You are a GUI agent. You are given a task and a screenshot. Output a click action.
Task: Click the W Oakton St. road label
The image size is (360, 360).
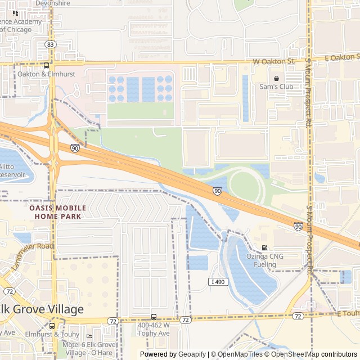[273, 61]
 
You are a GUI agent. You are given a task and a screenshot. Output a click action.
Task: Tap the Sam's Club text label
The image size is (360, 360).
[276, 87]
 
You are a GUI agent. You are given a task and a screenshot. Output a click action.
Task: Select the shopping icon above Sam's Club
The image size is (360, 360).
[276, 78]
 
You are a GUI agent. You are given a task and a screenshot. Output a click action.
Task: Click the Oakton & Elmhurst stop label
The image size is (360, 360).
[38, 74]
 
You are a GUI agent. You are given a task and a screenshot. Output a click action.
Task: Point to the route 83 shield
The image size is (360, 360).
[51, 44]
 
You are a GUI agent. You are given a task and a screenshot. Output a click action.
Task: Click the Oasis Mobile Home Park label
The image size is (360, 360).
[55, 211]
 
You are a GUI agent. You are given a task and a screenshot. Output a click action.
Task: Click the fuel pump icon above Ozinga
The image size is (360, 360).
[264, 247]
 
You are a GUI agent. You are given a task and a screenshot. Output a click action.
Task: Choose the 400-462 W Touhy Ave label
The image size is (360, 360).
[153, 329]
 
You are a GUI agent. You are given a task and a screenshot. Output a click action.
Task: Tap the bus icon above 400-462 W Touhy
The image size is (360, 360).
[154, 317]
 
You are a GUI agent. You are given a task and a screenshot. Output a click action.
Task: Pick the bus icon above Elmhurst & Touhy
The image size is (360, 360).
[52, 325]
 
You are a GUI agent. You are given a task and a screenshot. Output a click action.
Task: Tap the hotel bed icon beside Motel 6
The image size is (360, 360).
[89, 336]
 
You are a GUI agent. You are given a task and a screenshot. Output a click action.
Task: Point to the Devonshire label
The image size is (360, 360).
[52, 3]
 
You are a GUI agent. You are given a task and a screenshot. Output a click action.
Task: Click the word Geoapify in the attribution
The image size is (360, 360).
[192, 354]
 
